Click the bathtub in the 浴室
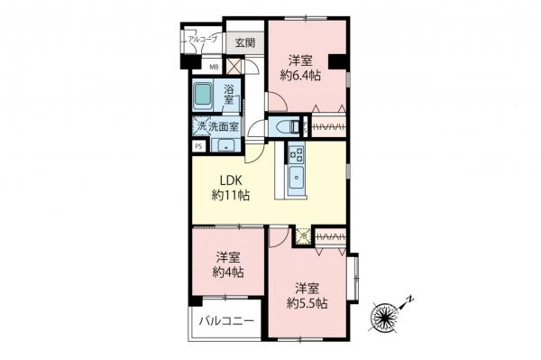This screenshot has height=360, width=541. (202, 95)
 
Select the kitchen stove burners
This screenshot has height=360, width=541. (297, 154)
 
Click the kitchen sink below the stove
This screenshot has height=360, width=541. (296, 179)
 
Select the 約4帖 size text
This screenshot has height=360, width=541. (227, 271)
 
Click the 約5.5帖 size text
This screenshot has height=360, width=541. (307, 304)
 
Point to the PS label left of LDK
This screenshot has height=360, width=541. (197, 146)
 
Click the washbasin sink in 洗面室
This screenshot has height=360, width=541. (225, 146)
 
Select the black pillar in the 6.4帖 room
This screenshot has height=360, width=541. (337, 61)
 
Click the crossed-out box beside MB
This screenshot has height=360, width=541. (233, 65)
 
